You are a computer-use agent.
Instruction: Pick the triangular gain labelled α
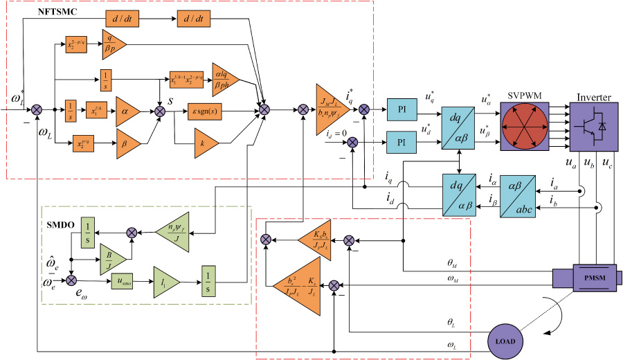point(127,110)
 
